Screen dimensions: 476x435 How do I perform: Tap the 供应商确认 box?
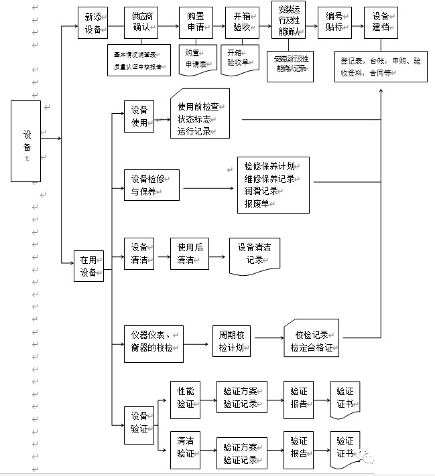click(x=141, y=24)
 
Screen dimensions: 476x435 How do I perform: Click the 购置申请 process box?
click(x=195, y=24)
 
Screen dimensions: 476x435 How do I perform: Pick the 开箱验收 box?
click(x=241, y=24)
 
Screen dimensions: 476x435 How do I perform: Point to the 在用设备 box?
click(x=88, y=265)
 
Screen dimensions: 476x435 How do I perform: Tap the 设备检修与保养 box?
click(x=151, y=184)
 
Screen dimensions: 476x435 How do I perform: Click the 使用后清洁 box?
click(x=187, y=254)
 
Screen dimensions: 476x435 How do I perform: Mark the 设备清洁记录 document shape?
click(x=254, y=254)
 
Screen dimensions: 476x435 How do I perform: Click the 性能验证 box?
click(x=186, y=396)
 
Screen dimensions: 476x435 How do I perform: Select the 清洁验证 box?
click(x=186, y=448)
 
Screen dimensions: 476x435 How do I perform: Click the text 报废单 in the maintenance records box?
click(x=257, y=204)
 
